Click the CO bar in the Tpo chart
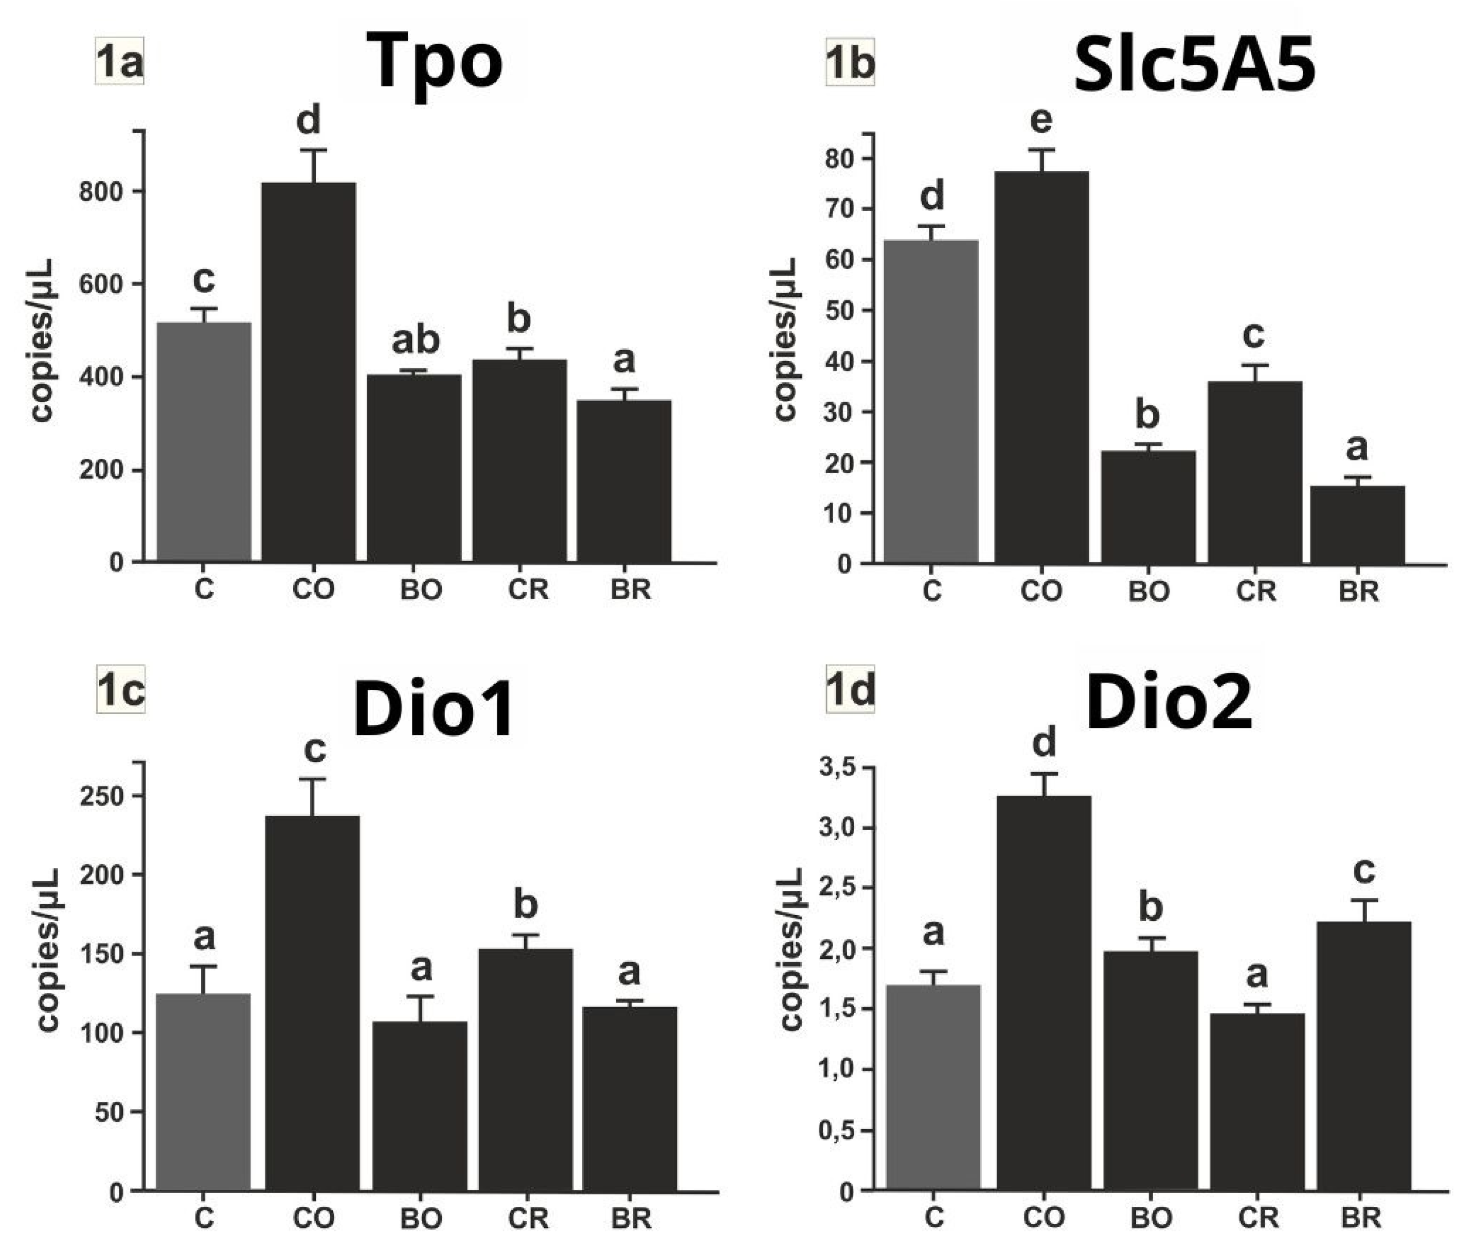click(309, 372)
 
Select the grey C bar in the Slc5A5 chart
click(931, 402)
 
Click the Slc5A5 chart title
click(1195, 65)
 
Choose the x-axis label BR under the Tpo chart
click(631, 589)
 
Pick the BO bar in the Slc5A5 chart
click(1148, 507)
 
